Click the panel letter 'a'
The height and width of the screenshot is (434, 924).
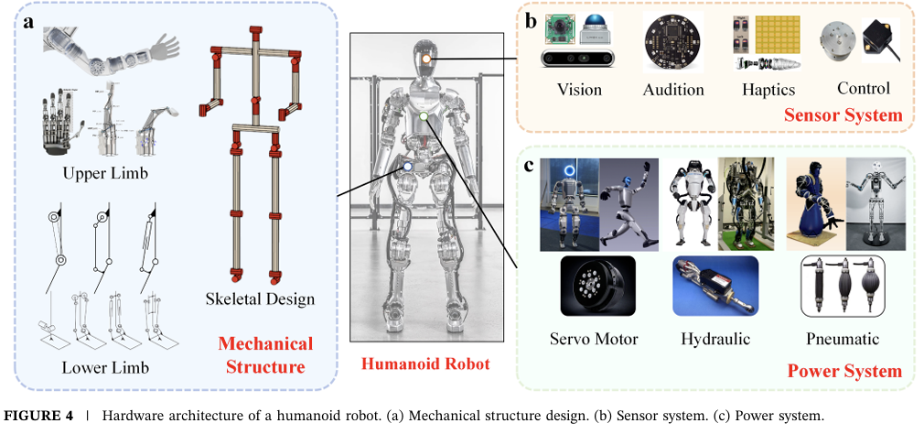(x=29, y=21)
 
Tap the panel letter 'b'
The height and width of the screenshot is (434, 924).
(x=531, y=21)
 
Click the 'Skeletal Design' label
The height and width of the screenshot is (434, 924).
(x=260, y=298)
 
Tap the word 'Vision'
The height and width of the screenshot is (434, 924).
(x=579, y=89)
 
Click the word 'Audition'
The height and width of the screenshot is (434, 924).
(x=673, y=89)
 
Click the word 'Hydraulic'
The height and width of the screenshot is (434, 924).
(x=715, y=338)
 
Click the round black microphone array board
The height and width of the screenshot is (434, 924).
(x=672, y=42)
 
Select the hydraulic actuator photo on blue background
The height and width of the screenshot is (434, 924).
(x=714, y=286)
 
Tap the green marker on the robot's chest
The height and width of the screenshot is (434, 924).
(x=423, y=115)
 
